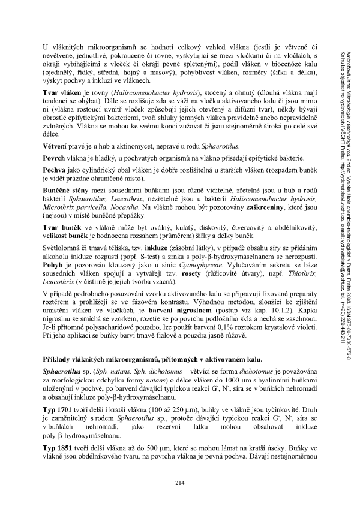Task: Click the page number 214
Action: [x=179, y=484]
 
